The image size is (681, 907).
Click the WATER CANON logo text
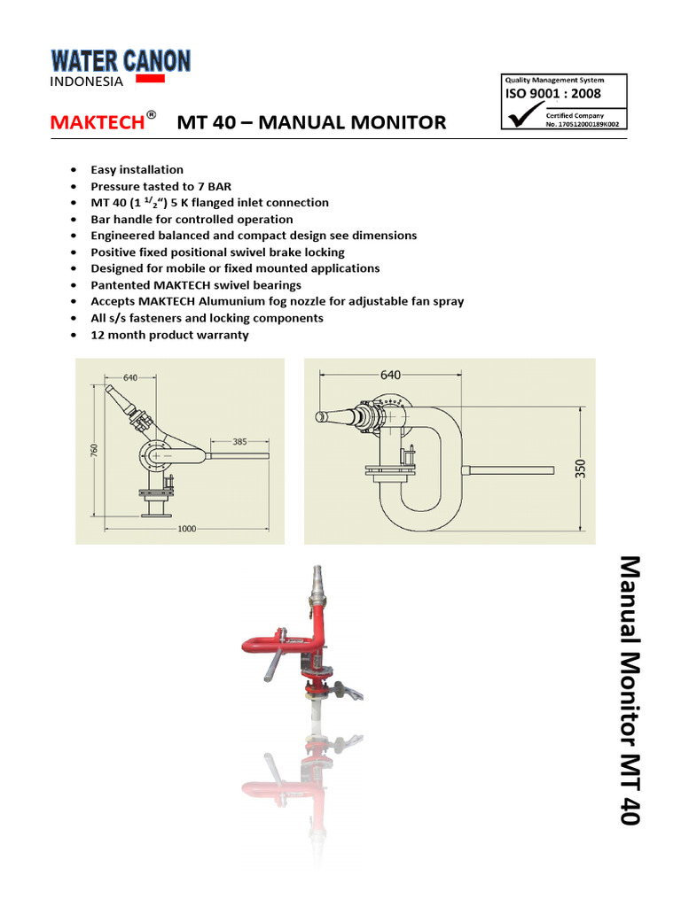coord(121,60)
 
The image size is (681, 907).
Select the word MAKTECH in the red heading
coord(97,122)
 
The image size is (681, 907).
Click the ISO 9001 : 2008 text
coord(552,93)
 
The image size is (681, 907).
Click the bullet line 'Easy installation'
coord(137,169)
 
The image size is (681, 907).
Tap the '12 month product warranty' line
coord(169,335)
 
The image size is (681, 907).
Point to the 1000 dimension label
coord(185,529)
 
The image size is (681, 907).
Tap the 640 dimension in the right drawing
coord(391,375)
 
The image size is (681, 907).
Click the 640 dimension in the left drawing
coord(130,377)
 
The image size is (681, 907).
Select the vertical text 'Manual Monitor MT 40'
coord(628,690)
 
